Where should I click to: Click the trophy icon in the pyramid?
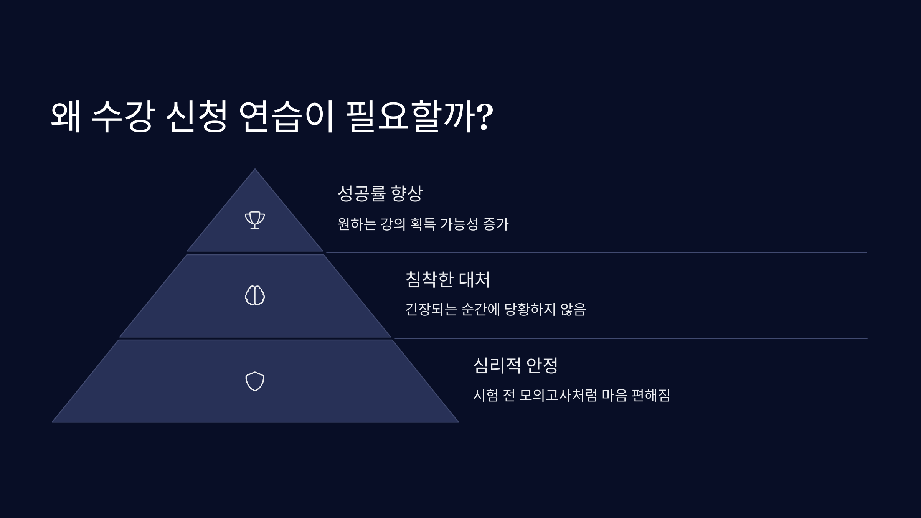255,220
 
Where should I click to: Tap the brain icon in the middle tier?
255,295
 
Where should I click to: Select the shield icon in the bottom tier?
255,381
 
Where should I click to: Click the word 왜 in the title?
66,117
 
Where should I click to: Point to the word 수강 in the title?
124,117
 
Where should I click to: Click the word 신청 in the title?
196,117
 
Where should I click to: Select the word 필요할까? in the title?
419,117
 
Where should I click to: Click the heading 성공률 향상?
380,193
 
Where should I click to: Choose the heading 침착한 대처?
448,279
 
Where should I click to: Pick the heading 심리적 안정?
515,365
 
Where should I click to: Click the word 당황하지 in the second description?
530,309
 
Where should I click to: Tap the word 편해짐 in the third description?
650,395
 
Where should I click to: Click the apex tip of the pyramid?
255,169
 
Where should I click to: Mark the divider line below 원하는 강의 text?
596,252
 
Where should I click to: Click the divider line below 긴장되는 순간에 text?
631,338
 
